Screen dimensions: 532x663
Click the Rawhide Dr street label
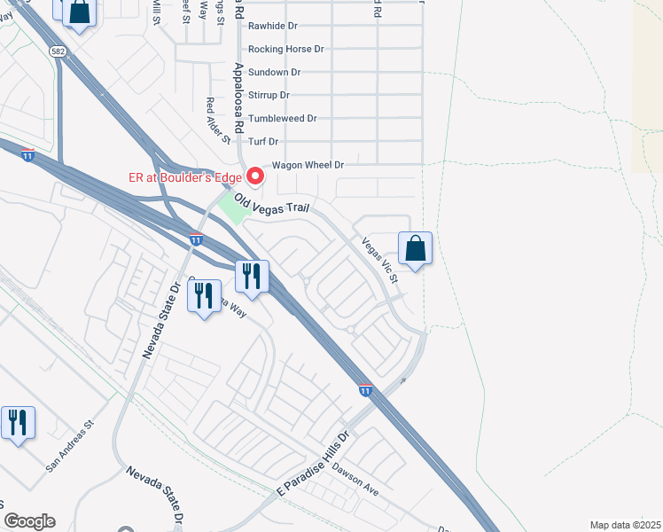click(x=272, y=26)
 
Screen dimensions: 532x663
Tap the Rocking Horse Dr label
click(x=286, y=49)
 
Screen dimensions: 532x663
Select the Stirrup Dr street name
click(x=269, y=95)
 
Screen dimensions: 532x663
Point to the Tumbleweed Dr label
click(x=283, y=118)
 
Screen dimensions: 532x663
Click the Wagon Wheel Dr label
click(x=308, y=165)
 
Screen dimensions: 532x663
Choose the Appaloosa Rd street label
click(x=238, y=98)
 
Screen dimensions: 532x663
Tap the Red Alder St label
click(x=218, y=121)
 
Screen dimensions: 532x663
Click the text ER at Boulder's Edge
click(x=185, y=177)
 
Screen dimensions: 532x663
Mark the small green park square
click(x=232, y=209)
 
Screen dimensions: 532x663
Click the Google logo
click(x=29, y=521)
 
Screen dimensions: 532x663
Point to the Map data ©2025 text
click(x=624, y=525)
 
